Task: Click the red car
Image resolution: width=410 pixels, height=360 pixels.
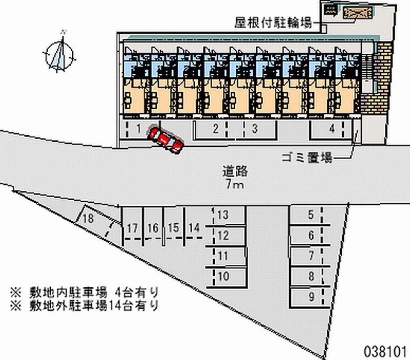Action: [166, 139]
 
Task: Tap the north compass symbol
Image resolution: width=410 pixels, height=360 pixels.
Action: [59, 54]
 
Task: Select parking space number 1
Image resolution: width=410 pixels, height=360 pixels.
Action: [139, 128]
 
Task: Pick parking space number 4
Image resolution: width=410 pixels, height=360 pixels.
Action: [332, 128]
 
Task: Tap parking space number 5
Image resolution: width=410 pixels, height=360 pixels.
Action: [311, 215]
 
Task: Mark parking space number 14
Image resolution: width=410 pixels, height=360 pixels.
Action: [194, 227]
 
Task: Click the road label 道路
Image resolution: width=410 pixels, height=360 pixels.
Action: [235, 172]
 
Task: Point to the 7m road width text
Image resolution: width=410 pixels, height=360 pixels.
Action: [235, 185]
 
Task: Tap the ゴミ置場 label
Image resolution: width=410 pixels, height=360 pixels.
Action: [307, 158]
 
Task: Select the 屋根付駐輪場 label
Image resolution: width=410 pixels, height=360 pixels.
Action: [273, 23]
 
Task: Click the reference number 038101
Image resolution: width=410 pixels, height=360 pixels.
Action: [385, 351]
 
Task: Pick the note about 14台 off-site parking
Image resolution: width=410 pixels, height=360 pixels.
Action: [84, 305]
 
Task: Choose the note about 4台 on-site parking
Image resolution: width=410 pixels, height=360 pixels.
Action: [84, 292]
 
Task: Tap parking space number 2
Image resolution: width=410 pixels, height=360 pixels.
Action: [215, 128]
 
